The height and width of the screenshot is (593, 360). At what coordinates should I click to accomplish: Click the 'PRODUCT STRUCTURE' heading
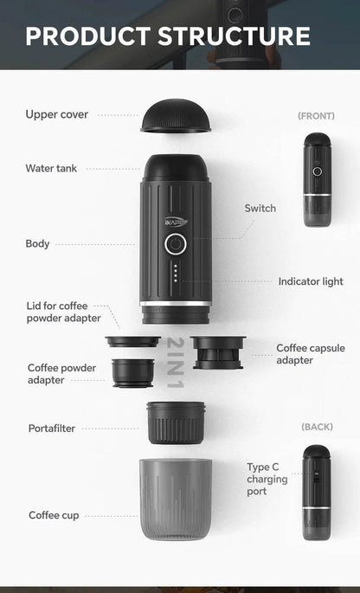click(x=168, y=35)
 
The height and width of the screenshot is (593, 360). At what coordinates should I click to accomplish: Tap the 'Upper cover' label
click(x=56, y=114)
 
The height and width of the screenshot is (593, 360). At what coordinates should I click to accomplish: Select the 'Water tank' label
click(x=51, y=168)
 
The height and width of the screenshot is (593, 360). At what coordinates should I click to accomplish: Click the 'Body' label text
click(x=37, y=243)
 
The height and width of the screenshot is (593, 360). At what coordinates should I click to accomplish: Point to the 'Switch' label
click(x=260, y=208)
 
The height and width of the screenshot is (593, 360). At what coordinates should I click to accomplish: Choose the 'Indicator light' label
click(x=311, y=281)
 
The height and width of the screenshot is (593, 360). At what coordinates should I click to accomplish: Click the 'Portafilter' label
click(x=51, y=428)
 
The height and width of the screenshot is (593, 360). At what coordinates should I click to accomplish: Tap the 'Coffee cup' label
click(x=54, y=515)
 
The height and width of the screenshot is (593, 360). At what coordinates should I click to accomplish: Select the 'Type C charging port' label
click(x=267, y=479)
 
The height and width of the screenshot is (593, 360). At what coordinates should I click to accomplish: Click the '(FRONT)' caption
click(x=316, y=115)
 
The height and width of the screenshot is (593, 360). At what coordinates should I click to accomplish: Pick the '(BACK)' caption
click(x=317, y=427)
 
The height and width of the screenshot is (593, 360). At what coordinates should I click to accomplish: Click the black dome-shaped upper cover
click(x=176, y=117)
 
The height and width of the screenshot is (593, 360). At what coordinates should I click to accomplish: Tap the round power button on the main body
click(x=175, y=244)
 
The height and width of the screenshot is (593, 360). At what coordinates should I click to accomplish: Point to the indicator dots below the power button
click(x=175, y=274)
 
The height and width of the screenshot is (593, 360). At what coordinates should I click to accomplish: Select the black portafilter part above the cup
click(x=176, y=422)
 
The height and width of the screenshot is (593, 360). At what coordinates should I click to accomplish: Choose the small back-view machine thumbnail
click(x=317, y=492)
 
